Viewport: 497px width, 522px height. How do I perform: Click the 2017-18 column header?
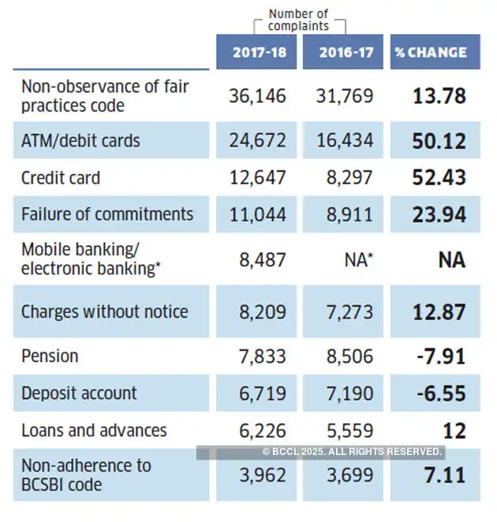pyautogui.click(x=259, y=53)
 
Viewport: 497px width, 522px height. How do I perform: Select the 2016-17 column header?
pyautogui.click(x=346, y=53)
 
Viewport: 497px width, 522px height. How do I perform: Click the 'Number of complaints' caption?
pyautogui.click(x=297, y=20)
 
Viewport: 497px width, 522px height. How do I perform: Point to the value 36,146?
pyautogui.click(x=257, y=96)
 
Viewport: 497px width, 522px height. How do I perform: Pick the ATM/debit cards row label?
pyautogui.click(x=80, y=141)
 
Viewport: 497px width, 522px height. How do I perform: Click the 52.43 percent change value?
pyautogui.click(x=439, y=177)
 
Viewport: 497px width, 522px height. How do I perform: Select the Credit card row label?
pyautogui.click(x=61, y=177)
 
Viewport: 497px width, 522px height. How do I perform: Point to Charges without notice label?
pyautogui.click(x=104, y=311)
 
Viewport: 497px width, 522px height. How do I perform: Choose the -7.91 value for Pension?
pyautogui.click(x=442, y=356)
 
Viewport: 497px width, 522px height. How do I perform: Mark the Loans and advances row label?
pyautogui.click(x=94, y=431)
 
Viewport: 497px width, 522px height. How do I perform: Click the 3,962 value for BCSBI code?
pyautogui.click(x=263, y=475)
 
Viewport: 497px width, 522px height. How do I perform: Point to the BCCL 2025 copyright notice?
pyautogui.click(x=352, y=451)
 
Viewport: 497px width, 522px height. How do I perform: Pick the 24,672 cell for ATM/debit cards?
pyautogui.click(x=258, y=141)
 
